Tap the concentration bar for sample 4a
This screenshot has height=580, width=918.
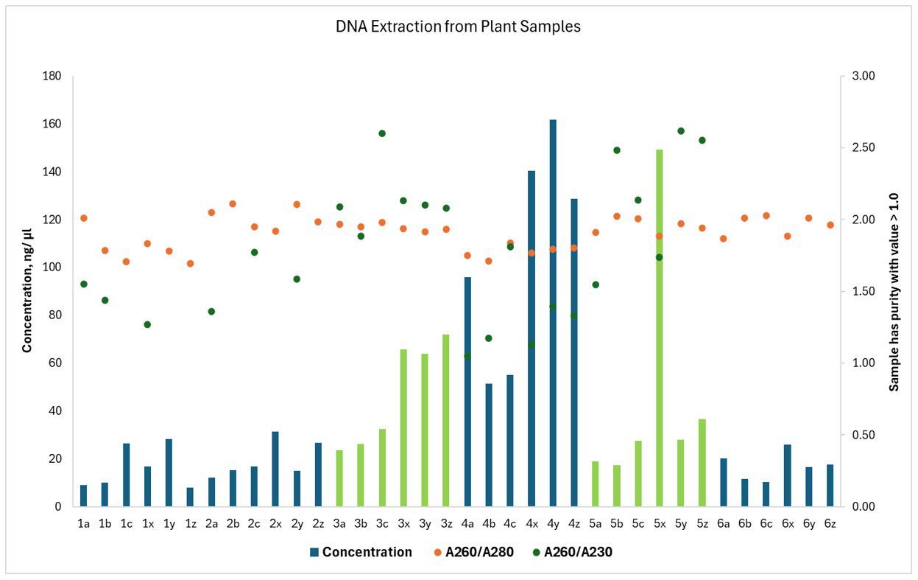(467, 391)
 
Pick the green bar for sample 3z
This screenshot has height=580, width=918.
(446, 420)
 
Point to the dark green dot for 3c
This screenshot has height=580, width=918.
(382, 133)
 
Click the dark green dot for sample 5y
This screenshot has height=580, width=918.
(681, 131)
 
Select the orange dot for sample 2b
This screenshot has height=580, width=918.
(233, 203)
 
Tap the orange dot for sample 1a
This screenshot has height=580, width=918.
(84, 218)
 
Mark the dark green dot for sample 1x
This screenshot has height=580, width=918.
(147, 324)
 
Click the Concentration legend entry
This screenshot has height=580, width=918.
(361, 552)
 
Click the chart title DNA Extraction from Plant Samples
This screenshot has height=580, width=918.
(458, 27)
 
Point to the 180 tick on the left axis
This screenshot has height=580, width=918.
(52, 76)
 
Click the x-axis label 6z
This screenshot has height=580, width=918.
(830, 523)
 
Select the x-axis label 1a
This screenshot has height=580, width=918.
(84, 523)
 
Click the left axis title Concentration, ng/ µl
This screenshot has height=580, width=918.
(27, 291)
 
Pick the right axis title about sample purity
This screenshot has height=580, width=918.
(894, 291)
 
